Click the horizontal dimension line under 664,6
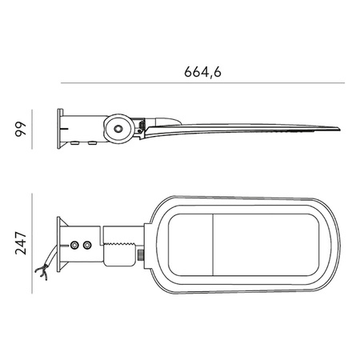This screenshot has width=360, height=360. (x=203, y=82)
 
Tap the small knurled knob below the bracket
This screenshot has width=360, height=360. (x=140, y=256)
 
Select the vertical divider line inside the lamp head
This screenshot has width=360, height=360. (x=214, y=241)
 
